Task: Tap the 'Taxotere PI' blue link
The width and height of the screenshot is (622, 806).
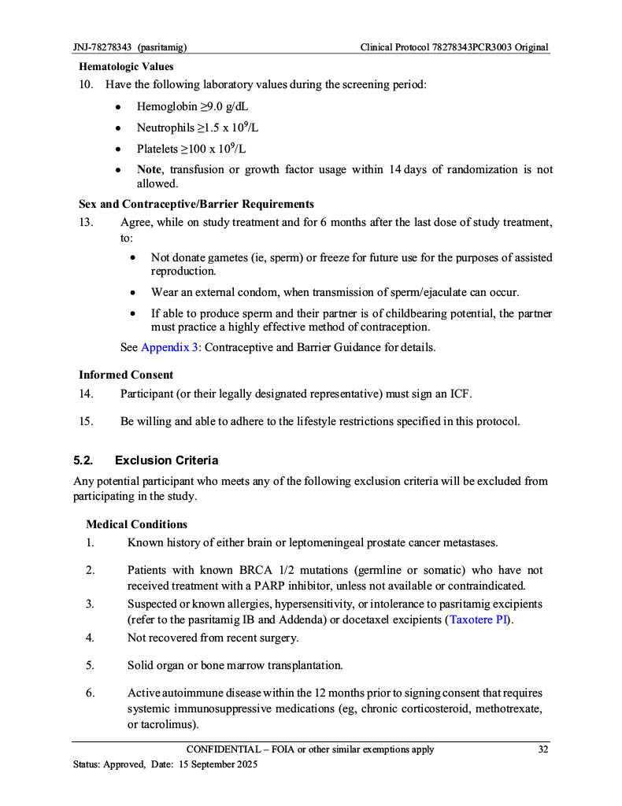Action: click(x=477, y=619)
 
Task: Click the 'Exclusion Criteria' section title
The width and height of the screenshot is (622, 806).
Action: click(x=166, y=460)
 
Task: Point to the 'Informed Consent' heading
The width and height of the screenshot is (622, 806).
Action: click(x=126, y=375)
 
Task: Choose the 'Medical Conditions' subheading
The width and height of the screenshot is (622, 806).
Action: click(x=136, y=524)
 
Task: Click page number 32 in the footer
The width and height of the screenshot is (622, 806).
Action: click(x=542, y=749)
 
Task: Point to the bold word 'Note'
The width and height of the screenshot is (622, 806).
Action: click(x=149, y=169)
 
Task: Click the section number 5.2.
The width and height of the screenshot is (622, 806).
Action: click(x=84, y=460)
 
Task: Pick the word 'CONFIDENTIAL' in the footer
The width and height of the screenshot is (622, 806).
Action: click(x=224, y=749)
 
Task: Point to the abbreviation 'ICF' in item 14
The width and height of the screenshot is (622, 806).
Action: click(x=459, y=393)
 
